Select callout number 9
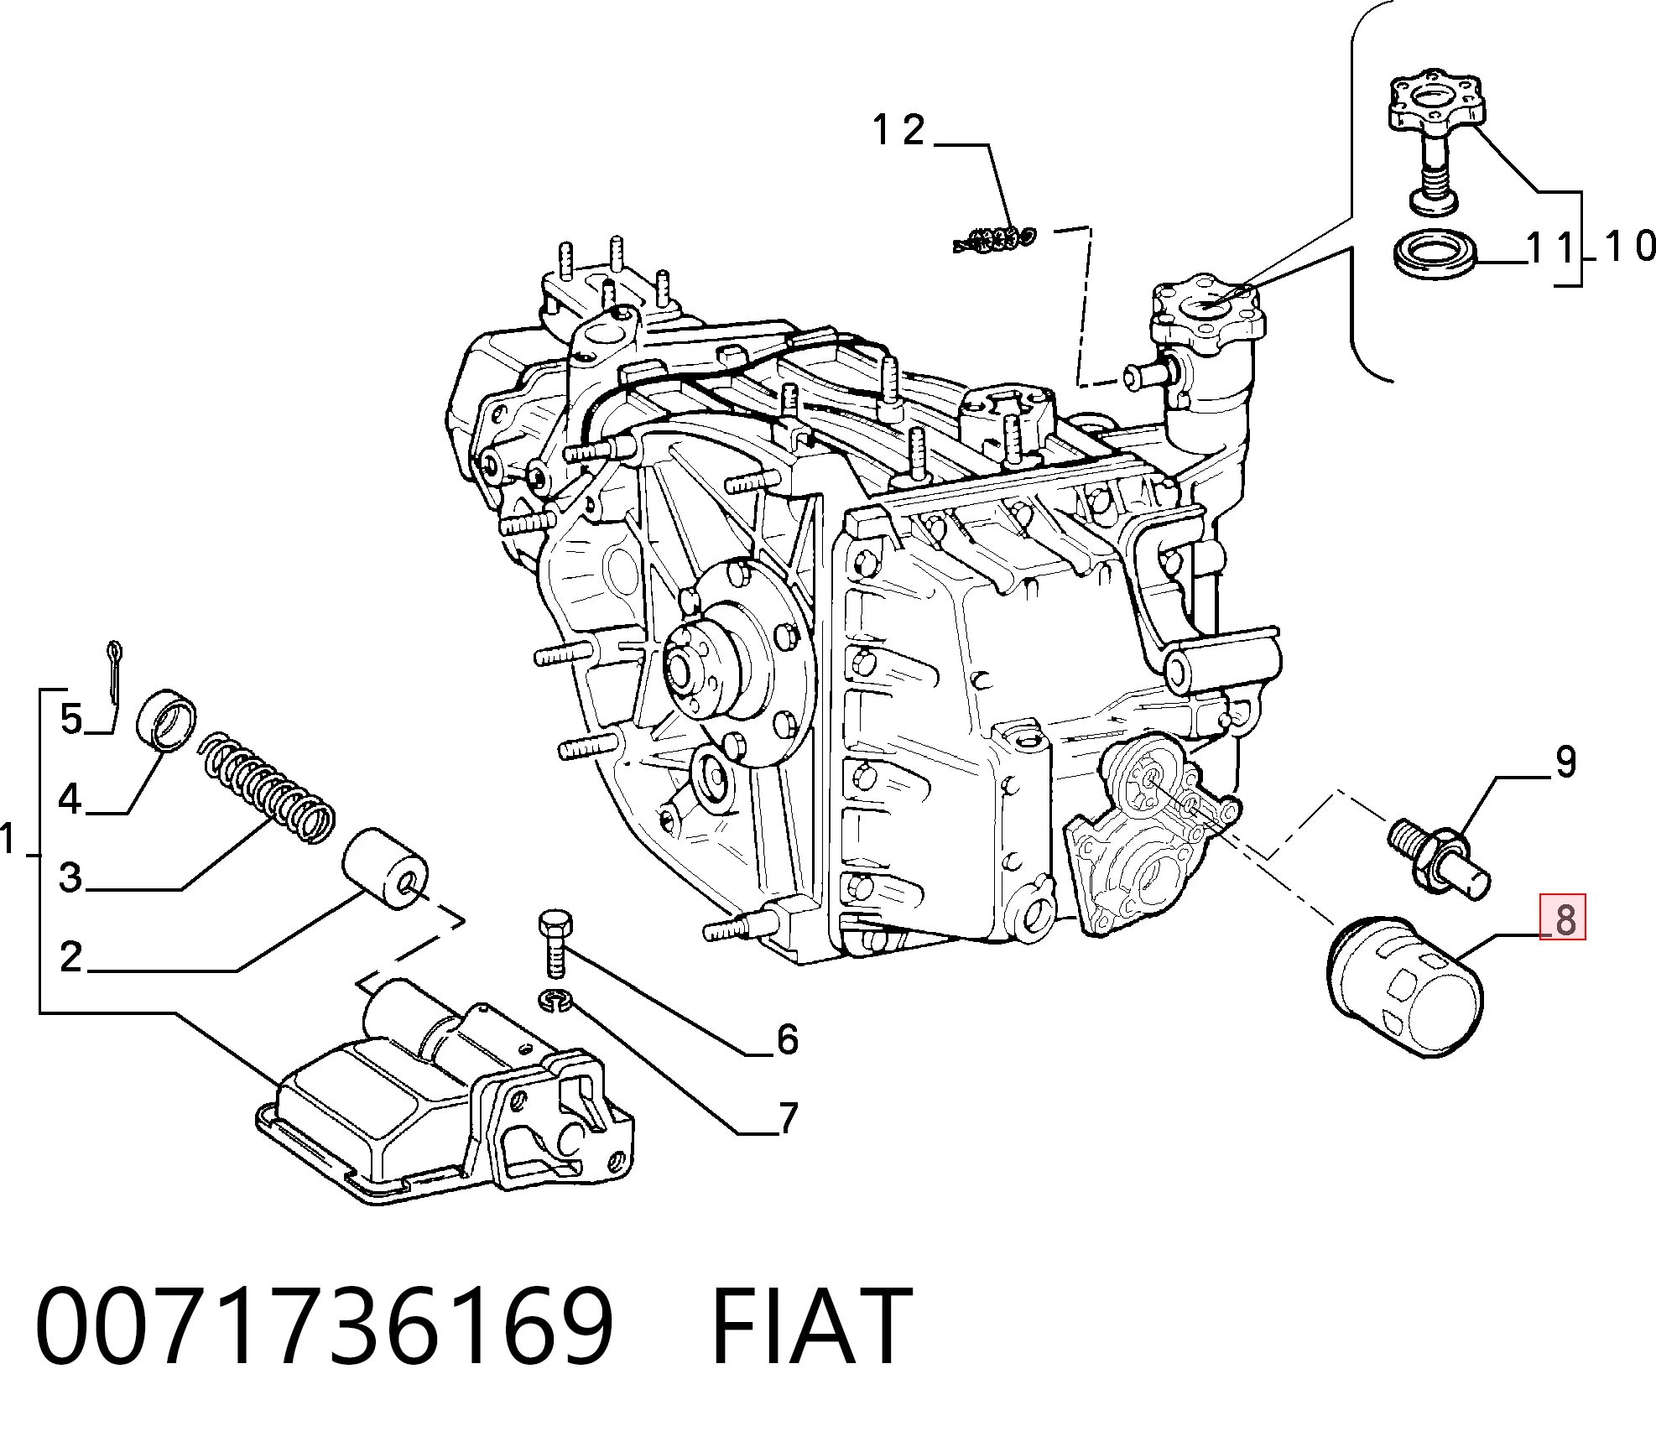tap(1565, 762)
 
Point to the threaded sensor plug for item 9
tap(1440, 859)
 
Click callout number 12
tap(898, 131)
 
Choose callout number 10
tap(1629, 247)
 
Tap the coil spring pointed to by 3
tap(268, 788)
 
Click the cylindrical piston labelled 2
tap(386, 870)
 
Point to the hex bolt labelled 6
tap(553, 943)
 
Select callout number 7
tap(788, 1118)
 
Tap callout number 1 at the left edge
tap(9, 839)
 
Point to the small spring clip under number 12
tap(995, 239)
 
